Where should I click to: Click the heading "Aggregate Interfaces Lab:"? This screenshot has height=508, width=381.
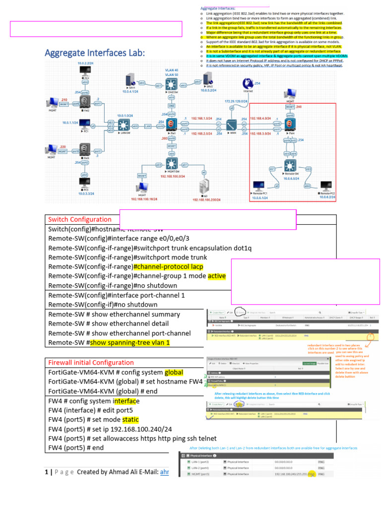coord(95,53)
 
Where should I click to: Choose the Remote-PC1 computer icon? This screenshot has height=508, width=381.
coord(258,187)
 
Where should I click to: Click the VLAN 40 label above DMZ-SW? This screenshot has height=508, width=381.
coord(172,70)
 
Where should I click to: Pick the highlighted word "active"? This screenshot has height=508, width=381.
coord(216,276)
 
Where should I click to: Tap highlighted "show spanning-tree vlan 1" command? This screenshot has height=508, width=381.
coord(129,342)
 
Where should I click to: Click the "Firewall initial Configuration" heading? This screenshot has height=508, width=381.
coord(91,362)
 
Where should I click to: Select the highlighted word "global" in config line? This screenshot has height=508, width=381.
coord(174,372)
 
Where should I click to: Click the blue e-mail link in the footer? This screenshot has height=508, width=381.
coord(164,472)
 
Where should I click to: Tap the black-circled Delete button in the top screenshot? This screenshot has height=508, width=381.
coord(239,312)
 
